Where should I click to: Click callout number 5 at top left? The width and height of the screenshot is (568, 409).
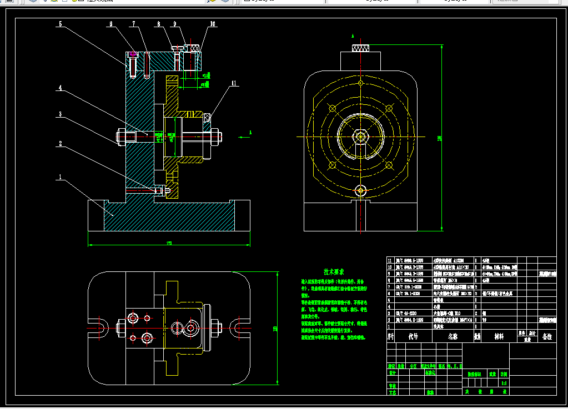[61, 24]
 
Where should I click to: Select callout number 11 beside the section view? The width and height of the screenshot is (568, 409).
[234, 84]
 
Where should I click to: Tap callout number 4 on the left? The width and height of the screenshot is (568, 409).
[61, 88]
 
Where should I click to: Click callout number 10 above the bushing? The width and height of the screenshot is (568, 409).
[213, 24]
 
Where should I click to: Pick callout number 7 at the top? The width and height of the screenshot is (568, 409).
[134, 24]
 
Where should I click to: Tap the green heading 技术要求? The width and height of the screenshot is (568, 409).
[334, 272]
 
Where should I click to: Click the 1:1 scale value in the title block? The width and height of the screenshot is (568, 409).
[504, 383]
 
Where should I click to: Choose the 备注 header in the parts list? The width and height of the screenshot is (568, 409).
[547, 336]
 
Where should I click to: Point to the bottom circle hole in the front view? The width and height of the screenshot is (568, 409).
[361, 190]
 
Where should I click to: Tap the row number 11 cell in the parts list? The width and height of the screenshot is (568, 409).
[390, 260]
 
